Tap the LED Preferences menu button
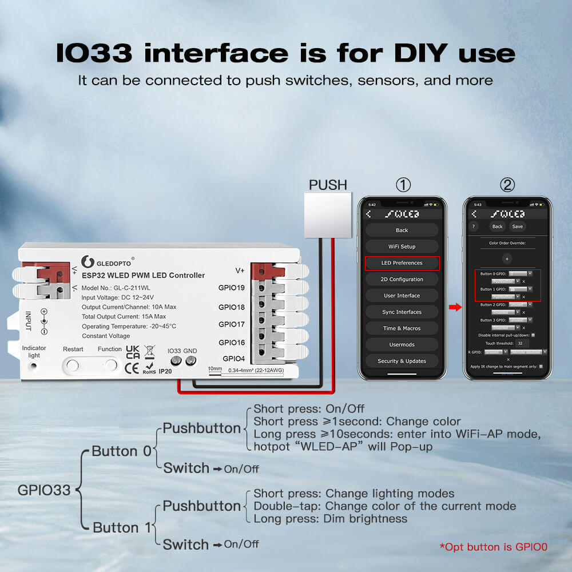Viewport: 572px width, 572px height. point(402,263)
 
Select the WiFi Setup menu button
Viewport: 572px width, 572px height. point(402,247)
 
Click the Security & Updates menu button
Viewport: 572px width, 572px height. point(402,361)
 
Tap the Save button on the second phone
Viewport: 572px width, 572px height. point(517,227)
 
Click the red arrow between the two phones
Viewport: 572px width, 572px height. point(455,308)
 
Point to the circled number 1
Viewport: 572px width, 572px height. point(403,185)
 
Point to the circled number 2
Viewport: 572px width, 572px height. point(507,185)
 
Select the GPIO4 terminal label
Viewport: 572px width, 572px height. point(233,359)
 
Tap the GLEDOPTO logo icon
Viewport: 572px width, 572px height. point(88,262)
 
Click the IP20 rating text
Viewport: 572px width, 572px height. point(165,371)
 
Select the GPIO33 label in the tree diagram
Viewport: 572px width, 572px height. point(44,490)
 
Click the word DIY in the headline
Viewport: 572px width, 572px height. point(419,53)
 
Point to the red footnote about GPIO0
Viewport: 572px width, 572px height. point(493,547)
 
